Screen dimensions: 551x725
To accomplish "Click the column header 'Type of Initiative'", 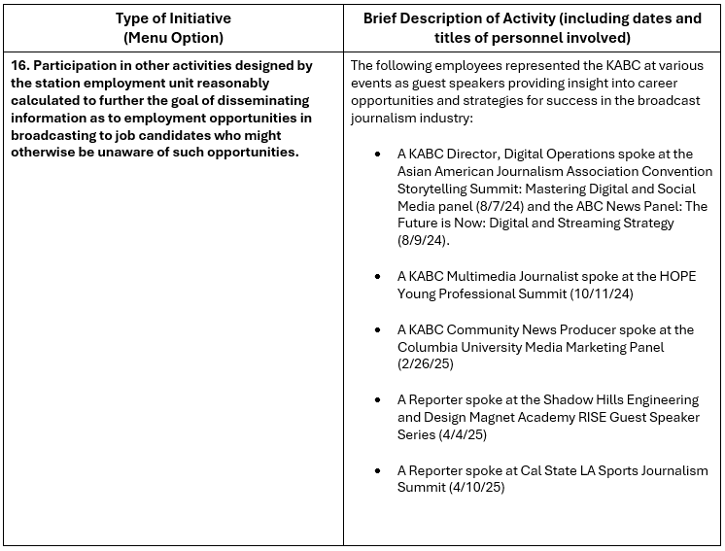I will coord(173,18).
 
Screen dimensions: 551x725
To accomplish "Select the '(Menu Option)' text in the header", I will coord(173,37).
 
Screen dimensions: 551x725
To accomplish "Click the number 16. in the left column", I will coord(20,65).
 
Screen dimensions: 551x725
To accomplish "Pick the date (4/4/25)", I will coord(463,434).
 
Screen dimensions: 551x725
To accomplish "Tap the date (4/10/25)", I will coord(470,488).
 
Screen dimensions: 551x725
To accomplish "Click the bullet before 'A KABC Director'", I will coord(377,155).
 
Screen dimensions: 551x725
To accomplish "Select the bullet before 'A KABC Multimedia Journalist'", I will coord(377,277).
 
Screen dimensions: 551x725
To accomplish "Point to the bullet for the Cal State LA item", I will coord(377,471).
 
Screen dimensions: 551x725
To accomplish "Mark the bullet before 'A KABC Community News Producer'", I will coord(377,330).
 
